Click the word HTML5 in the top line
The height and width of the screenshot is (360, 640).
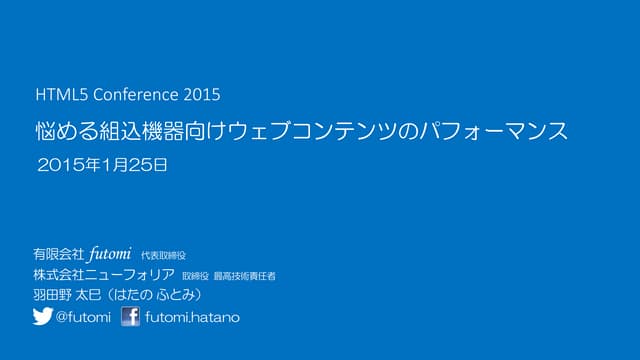(56, 96)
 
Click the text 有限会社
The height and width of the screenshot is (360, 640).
(59, 254)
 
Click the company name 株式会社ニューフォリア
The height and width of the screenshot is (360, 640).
(104, 275)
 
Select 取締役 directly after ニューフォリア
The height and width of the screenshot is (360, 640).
(195, 276)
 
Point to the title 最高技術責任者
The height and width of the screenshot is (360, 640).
(245, 276)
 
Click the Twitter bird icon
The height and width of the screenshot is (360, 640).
(42, 317)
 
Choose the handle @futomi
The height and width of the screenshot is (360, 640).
(83, 318)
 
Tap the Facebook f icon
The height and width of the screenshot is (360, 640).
(130, 317)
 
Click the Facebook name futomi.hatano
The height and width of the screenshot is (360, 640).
(192, 318)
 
